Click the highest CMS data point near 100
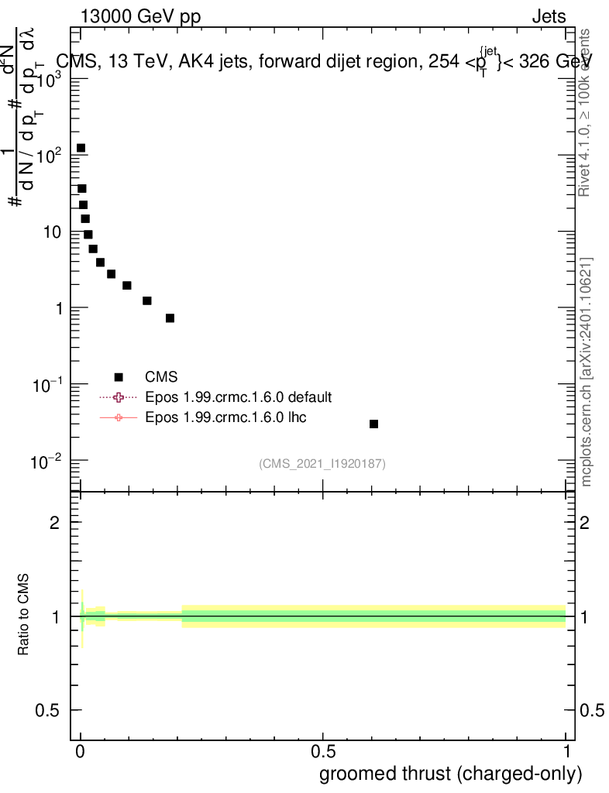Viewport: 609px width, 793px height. coord(81,148)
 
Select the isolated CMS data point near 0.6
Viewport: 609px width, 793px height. coord(373,424)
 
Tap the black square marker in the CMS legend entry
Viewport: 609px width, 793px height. coord(119,377)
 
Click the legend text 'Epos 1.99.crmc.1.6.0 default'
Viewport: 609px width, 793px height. coord(239,397)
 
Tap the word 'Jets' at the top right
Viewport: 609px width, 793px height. coord(549,16)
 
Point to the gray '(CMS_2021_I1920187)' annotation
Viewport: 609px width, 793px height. coord(322,463)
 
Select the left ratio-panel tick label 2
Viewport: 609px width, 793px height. coord(55,523)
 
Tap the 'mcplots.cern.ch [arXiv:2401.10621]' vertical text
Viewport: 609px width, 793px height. coord(587,372)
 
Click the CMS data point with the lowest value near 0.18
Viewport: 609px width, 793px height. coord(170,318)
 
